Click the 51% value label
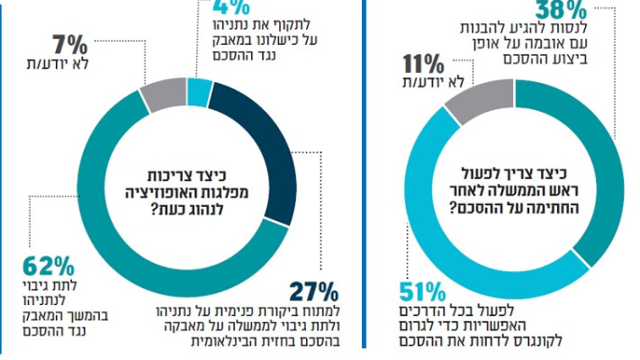420,292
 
